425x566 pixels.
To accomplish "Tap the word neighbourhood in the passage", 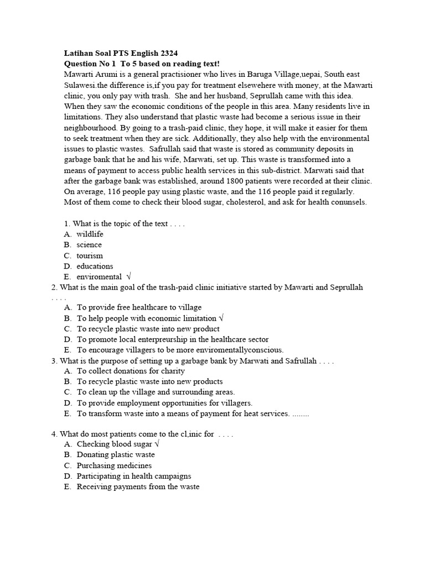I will click(91, 128).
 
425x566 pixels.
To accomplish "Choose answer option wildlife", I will click(90, 234).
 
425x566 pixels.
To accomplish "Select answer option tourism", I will click(90, 256).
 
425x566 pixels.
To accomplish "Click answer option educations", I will click(95, 266).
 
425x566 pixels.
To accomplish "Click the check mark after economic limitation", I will click(221, 318).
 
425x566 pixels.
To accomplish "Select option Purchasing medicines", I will click(114, 465).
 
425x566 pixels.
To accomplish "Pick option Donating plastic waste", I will click(116, 455).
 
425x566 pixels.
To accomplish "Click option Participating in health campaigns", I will click(134, 476).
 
